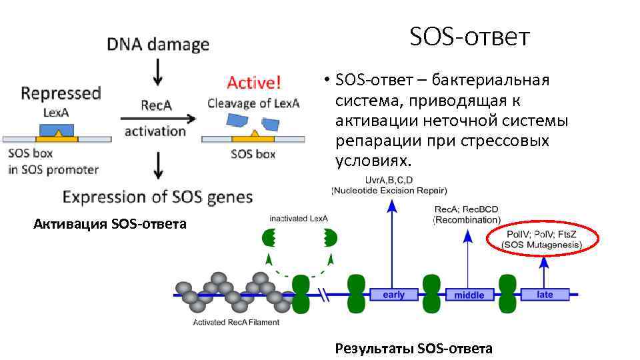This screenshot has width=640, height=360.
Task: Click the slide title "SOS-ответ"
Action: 469,37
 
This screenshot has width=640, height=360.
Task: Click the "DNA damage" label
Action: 158,45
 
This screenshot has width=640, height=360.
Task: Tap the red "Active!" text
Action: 254,83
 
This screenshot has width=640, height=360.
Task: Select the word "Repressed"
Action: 61,93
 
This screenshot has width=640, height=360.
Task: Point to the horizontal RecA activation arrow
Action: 158,118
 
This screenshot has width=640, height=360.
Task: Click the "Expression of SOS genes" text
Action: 158,197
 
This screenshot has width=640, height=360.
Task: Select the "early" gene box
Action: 393,294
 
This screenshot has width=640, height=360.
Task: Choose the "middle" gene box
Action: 469,295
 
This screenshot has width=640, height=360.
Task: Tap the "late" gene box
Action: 545,294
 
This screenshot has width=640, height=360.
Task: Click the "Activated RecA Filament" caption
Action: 236,323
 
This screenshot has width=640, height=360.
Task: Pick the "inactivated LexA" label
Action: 299,218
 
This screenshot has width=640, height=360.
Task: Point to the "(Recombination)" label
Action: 467,219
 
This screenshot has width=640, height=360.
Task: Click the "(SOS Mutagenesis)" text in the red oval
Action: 544,245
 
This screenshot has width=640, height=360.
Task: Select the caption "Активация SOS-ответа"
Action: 110,223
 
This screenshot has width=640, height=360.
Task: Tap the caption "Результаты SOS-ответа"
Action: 413,348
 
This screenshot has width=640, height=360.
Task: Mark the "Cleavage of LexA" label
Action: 253,103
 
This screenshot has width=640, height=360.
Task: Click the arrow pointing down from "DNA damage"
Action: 158,71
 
